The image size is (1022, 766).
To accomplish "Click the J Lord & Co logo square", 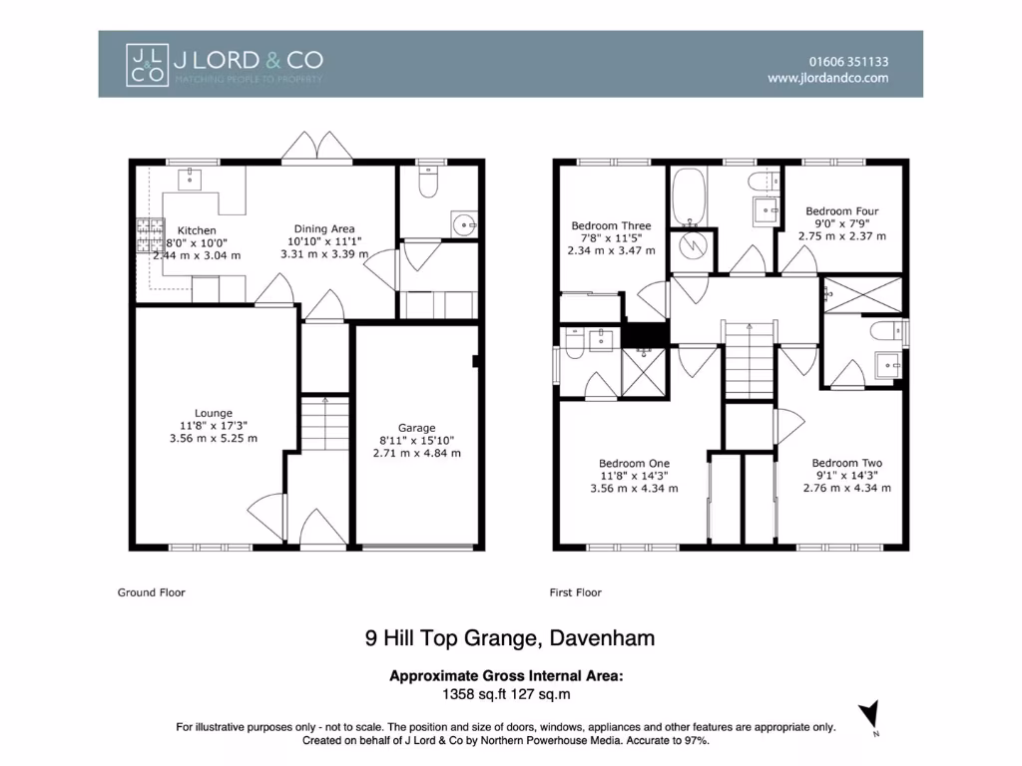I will (146, 64).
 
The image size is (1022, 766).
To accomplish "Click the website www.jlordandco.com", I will (827, 78).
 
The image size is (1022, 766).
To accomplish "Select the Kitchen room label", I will (197, 230).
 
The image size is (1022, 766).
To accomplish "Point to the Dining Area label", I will (323, 228).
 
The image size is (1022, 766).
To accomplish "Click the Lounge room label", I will (214, 413).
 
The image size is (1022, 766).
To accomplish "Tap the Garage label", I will (416, 428).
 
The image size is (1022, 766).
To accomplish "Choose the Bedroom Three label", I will (611, 225).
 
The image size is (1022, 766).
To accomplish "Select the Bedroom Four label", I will (842, 211).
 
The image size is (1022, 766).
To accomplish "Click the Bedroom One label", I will (634, 463).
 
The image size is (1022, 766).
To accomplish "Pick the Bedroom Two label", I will (846, 463).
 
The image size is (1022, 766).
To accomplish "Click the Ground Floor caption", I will (152, 592).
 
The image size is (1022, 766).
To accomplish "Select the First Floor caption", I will (576, 592).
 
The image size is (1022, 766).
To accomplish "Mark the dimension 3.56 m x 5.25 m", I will (214, 438).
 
